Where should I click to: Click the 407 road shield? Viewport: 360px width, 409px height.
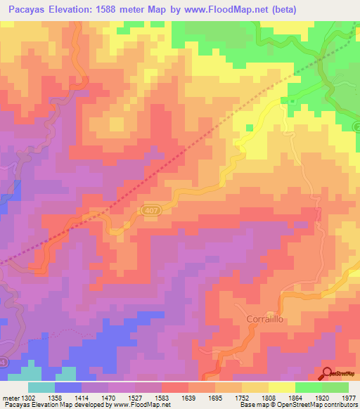click(149, 210)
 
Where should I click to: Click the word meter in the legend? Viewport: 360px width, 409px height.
click(10, 398)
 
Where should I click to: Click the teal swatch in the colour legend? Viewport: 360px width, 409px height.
click(41, 387)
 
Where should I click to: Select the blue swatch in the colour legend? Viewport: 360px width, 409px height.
click(68, 387)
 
